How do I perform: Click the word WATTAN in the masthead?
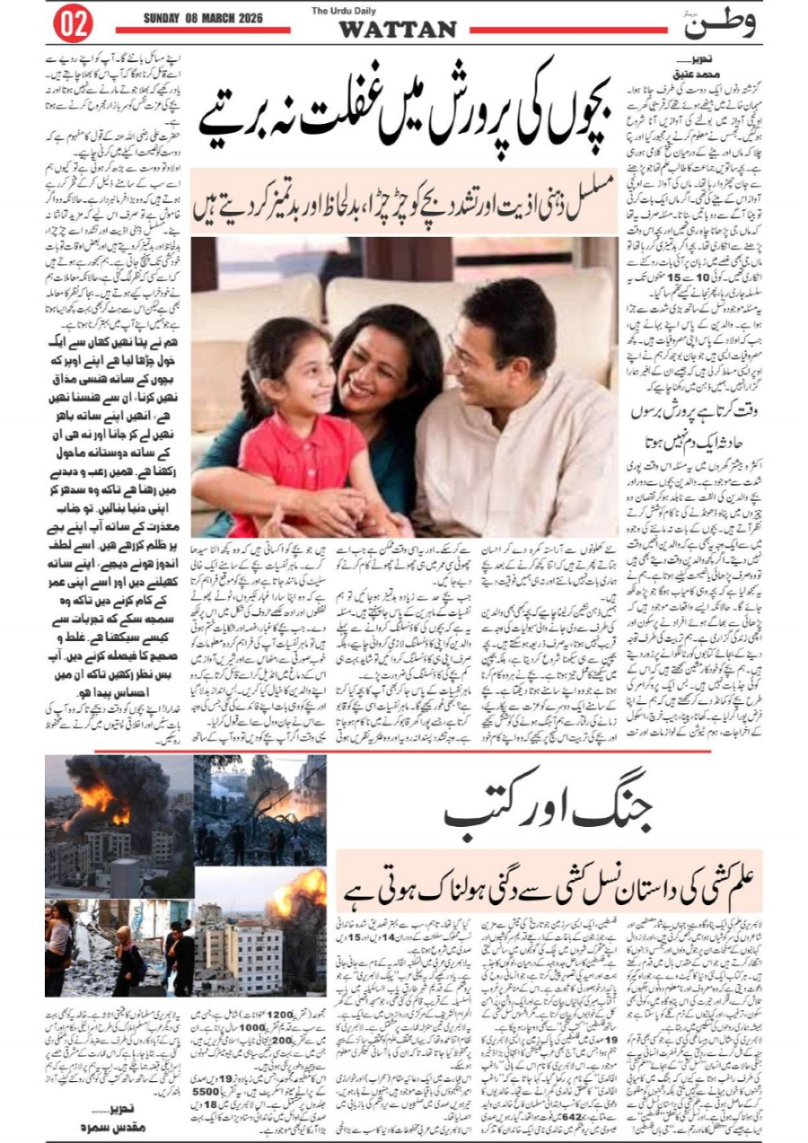(397, 30)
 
